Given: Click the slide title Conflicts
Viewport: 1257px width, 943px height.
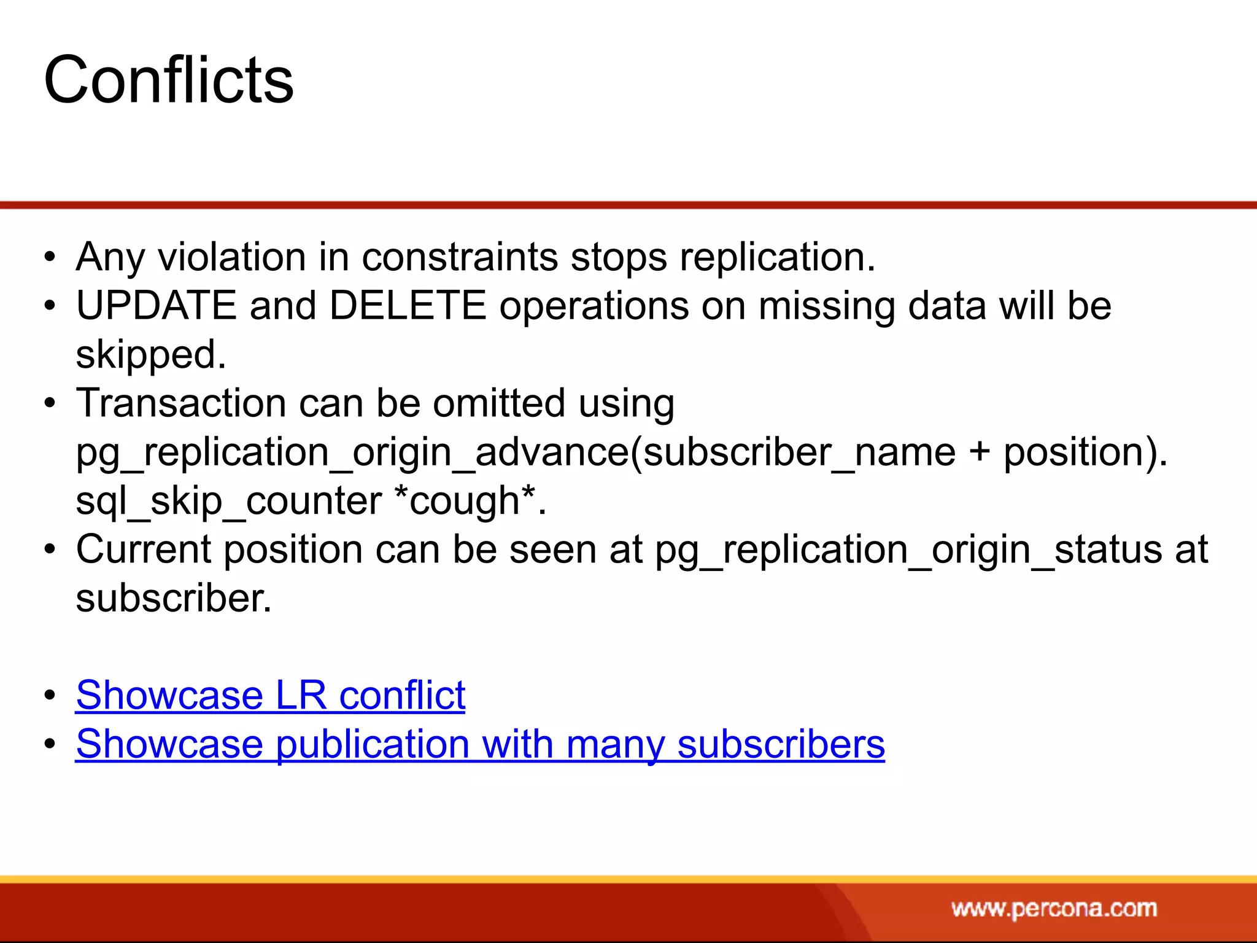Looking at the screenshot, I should pos(169,80).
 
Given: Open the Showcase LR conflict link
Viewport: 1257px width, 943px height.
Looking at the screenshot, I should pos(270,696).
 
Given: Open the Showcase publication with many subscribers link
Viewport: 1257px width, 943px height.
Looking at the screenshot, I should pos(480,744).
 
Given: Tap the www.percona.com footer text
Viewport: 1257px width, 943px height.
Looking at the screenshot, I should pos(1054,908).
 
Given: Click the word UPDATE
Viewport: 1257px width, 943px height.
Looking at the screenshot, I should pos(156,305).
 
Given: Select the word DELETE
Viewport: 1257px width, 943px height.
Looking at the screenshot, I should pos(408,305).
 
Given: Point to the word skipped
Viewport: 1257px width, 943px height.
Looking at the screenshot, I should pos(150,354).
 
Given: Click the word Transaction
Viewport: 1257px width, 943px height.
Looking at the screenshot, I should pos(181,403).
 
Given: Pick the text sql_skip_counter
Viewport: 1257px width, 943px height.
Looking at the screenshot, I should pos(228,500).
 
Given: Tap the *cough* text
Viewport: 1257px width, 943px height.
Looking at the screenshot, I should pos(470,500).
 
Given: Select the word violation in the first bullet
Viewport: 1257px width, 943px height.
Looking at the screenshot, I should pos(232,257).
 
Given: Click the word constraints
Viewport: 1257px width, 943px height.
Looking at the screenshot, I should pos(460,257).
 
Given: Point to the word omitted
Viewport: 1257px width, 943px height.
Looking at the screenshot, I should pos(499,403).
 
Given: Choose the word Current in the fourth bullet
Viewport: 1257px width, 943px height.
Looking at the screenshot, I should pos(144,549).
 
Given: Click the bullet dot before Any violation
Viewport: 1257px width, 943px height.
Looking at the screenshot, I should pos(50,257).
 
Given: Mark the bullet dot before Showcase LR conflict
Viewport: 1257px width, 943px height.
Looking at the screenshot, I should pos(50,696).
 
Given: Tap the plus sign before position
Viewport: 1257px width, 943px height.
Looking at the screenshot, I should pos(980,453).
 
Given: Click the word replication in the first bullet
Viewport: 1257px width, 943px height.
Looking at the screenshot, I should pos(777,257).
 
